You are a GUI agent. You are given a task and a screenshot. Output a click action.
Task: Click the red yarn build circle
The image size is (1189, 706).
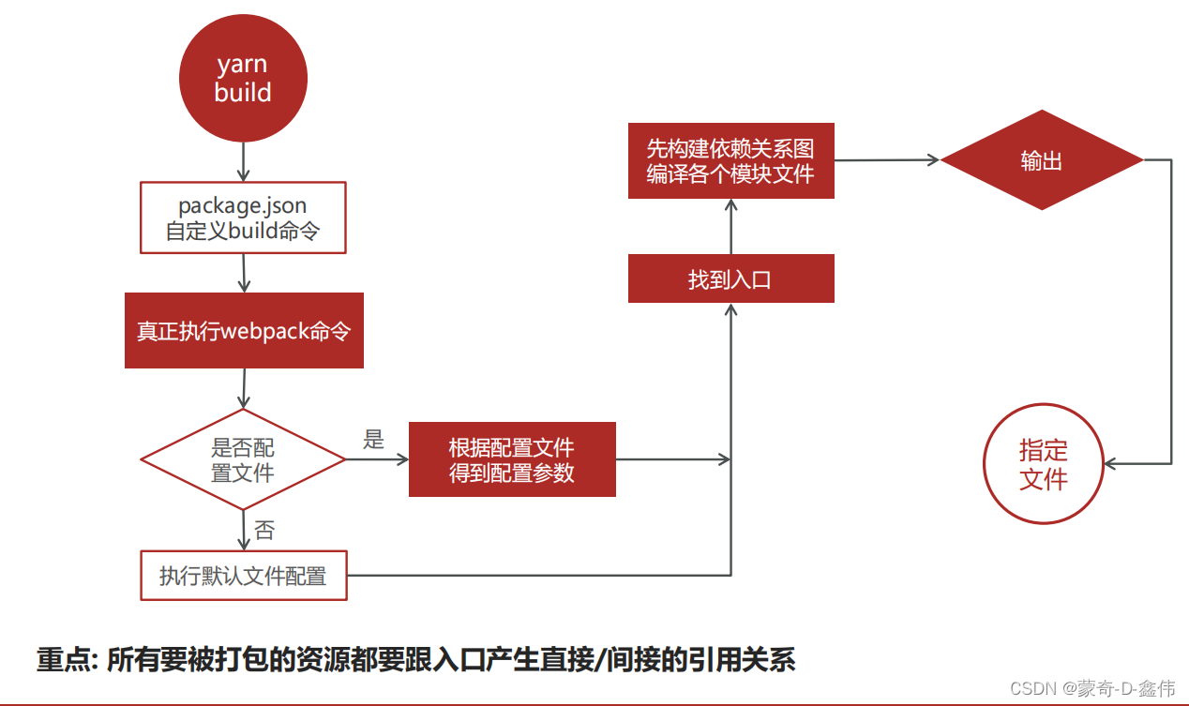243,78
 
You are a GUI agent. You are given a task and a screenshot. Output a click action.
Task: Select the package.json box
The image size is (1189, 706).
243,218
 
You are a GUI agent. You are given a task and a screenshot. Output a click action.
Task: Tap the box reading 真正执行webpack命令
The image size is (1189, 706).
244,331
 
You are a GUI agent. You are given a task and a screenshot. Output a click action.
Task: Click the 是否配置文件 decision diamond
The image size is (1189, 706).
243,459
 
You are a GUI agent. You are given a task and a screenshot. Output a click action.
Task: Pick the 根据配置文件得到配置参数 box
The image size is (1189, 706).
512,459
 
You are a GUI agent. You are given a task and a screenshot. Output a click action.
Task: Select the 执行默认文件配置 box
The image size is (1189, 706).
243,575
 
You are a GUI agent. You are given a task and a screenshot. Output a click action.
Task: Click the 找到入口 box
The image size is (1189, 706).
730,279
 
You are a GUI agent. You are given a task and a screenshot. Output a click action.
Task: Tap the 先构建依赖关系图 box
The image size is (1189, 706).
730,161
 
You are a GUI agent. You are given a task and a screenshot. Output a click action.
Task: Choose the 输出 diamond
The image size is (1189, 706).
1042,160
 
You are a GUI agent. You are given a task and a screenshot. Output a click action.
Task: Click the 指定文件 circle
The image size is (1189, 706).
1043,465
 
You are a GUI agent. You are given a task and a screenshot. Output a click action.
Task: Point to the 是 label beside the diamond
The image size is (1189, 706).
374,440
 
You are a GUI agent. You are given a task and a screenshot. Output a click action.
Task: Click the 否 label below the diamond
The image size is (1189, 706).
264,531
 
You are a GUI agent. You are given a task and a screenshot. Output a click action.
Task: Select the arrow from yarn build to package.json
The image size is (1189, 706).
244,162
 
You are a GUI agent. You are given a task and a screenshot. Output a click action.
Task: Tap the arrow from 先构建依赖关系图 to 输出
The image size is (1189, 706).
886,160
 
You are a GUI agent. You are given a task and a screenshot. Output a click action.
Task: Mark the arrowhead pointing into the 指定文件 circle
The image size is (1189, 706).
1110,463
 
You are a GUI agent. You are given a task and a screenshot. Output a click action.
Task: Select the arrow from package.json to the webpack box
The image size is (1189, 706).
244,273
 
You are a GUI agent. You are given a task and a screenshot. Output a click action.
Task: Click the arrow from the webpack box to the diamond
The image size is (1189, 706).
244,388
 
